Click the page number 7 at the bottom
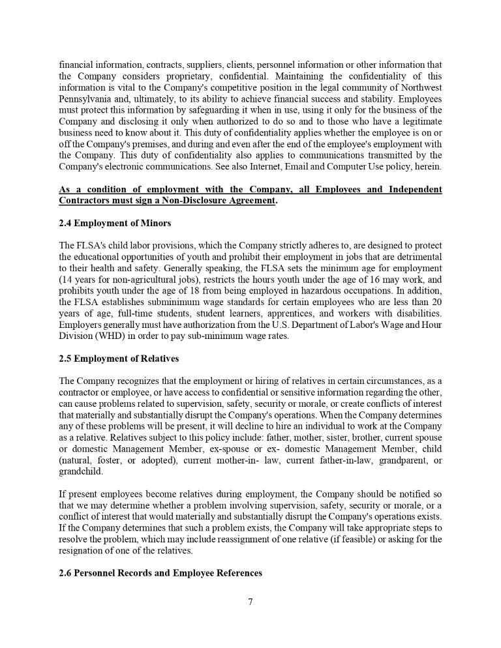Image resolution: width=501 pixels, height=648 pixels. [x=250, y=602]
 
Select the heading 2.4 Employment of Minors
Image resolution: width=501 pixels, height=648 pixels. [x=115, y=224]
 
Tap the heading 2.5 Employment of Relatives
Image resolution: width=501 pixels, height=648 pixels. [x=119, y=359]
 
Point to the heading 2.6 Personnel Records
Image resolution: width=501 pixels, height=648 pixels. [x=160, y=573]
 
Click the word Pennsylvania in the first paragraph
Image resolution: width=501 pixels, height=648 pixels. [x=85, y=98]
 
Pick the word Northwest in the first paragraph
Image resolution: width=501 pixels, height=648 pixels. [x=418, y=87]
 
